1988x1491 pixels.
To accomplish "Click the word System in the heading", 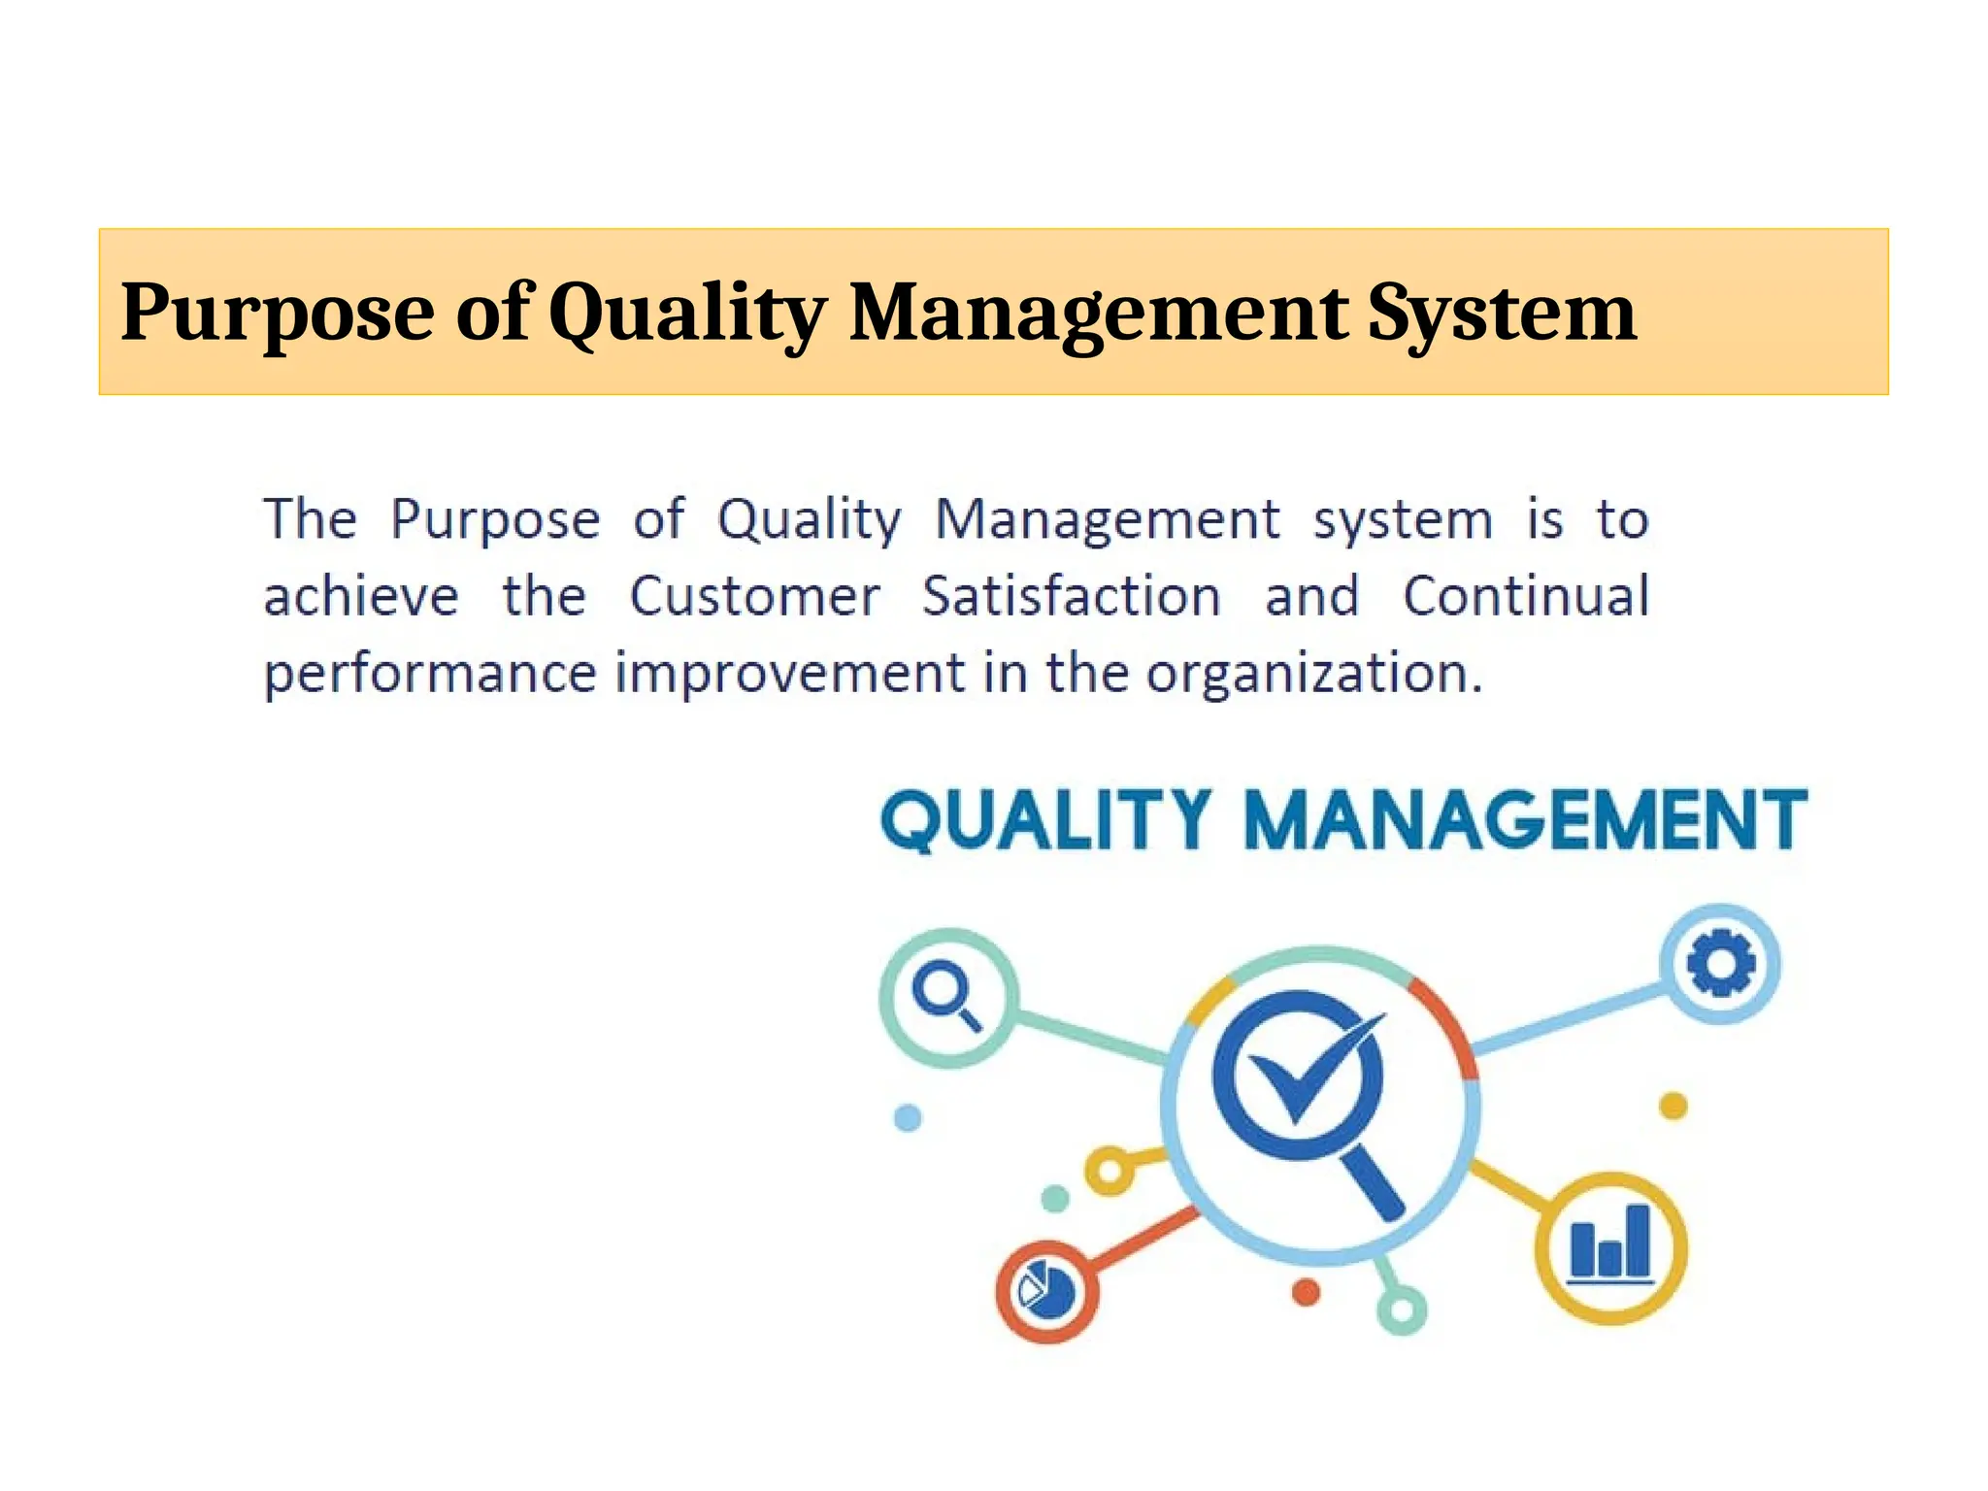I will pyautogui.click(x=1502, y=314).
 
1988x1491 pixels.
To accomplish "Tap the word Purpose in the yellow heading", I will pyautogui.click(x=278, y=314).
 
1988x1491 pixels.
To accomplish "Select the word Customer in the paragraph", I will pyautogui.click(x=755, y=596).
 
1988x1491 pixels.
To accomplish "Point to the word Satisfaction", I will pyautogui.click(x=1072, y=596).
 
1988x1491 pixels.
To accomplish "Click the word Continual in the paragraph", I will pyautogui.click(x=1526, y=596).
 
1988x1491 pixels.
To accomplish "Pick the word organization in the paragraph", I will pyautogui.click(x=1314, y=674).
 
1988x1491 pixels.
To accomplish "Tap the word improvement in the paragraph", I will pyautogui.click(x=790, y=674).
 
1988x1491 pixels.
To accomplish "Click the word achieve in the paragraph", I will pyautogui.click(x=361, y=596).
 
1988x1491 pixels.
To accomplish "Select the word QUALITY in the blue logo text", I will pyautogui.click(x=1045, y=821).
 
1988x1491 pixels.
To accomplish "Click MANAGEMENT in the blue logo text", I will pyautogui.click(x=1525, y=821).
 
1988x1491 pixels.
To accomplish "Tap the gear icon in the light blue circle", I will pyautogui.click(x=1720, y=963).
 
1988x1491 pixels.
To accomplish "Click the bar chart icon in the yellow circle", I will pyautogui.click(x=1611, y=1245).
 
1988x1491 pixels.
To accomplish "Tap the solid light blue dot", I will pyautogui.click(x=908, y=1118).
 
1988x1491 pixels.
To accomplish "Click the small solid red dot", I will pyautogui.click(x=1307, y=1292).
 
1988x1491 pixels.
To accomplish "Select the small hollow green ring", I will pyautogui.click(x=1402, y=1310).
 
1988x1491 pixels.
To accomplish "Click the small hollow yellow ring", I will pyautogui.click(x=1110, y=1172).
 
